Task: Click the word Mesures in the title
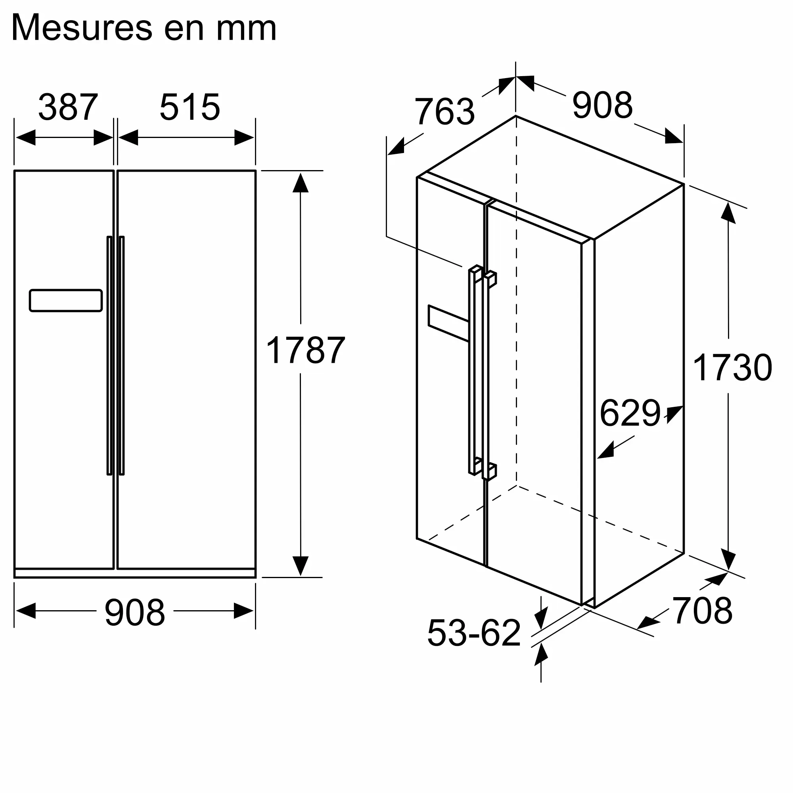82,28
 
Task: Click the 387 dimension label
68,107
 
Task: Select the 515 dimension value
190,107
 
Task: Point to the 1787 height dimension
305,350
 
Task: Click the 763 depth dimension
444,111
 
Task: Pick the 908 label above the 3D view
603,105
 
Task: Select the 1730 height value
733,368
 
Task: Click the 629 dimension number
630,413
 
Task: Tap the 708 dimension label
702,611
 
